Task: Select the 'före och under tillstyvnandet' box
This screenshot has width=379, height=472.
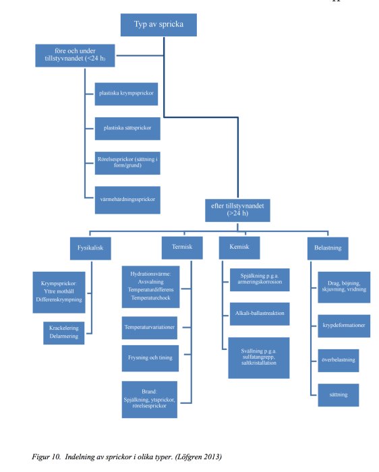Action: click(74, 55)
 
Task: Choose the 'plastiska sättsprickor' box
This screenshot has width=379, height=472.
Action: click(122, 127)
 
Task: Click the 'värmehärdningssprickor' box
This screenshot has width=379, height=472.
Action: click(123, 198)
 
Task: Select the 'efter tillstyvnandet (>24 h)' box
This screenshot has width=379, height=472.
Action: click(237, 210)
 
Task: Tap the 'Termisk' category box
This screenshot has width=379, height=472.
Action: click(177, 247)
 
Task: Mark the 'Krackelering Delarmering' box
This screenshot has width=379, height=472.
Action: click(61, 332)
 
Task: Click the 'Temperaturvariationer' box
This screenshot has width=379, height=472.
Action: click(150, 326)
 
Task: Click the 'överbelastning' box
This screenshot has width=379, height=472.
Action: click(338, 359)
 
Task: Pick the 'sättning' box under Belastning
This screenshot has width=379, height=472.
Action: click(338, 394)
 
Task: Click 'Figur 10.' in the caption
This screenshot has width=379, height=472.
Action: click(49, 457)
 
